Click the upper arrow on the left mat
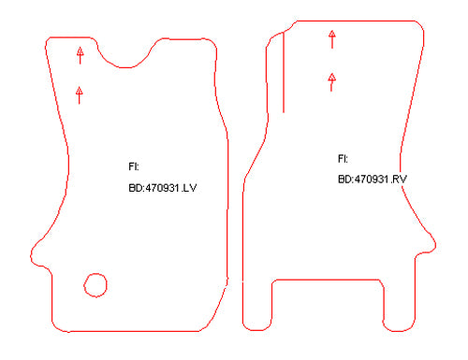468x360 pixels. tap(80, 55)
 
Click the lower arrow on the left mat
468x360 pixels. tap(80, 95)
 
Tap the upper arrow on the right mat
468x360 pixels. tap(332, 39)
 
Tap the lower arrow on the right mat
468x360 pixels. tap(331, 82)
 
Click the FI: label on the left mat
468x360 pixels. tap(134, 166)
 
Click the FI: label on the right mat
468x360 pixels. tap(343, 159)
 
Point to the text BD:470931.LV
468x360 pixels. tap(163, 188)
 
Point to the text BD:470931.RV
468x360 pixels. tap(373, 180)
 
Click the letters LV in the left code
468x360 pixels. tap(190, 188)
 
